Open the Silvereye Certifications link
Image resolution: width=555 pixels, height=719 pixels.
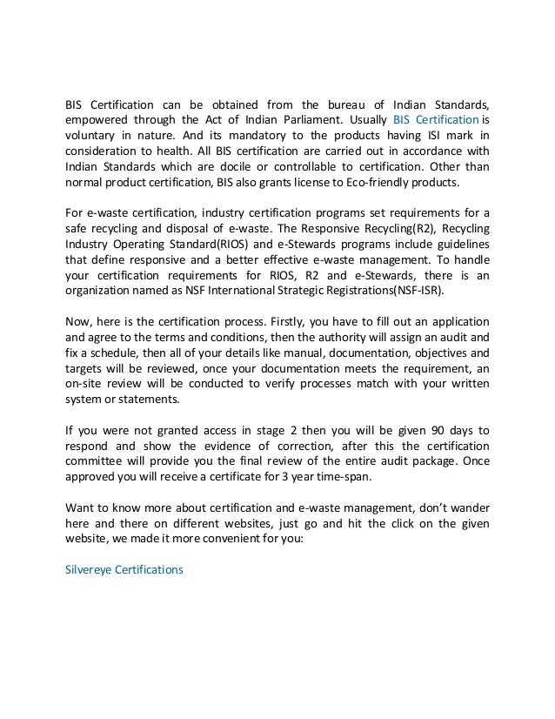coord(118,570)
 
